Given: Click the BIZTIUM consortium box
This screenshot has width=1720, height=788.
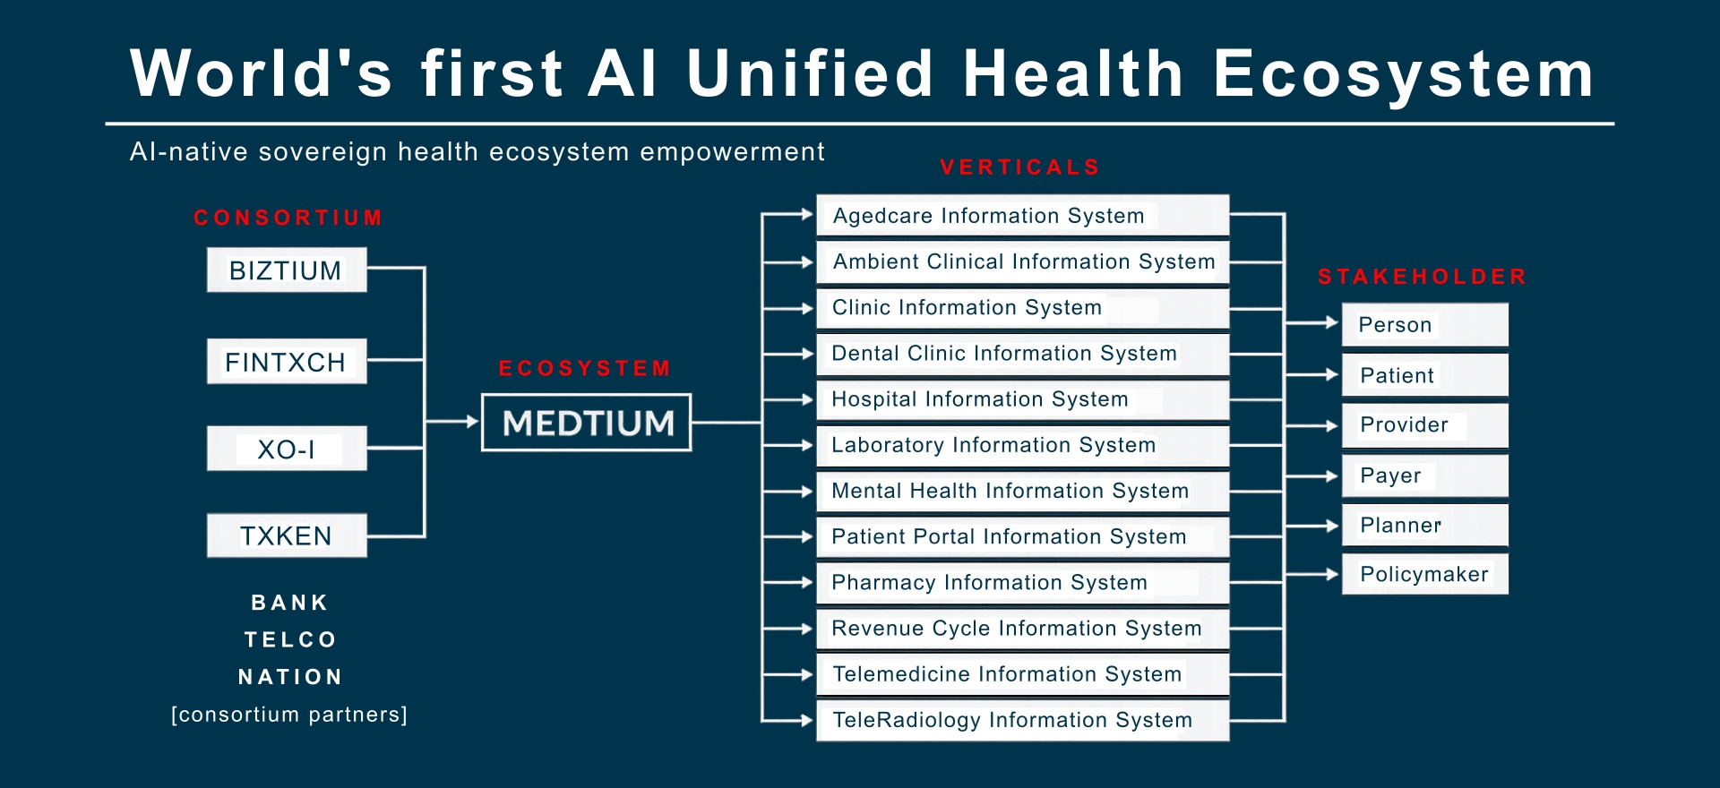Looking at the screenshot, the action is (287, 270).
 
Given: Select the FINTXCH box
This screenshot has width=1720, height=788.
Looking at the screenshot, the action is (287, 361).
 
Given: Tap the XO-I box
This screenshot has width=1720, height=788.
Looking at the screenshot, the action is (287, 448).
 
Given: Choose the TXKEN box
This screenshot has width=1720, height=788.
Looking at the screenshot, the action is (287, 535).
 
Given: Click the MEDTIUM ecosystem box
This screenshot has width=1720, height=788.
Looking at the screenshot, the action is (587, 423).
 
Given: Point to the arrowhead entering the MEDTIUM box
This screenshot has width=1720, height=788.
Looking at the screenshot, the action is (472, 421).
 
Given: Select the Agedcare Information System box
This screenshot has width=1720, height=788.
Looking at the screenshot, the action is (1023, 216).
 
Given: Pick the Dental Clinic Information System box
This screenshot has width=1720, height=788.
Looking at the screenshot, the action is (1023, 354).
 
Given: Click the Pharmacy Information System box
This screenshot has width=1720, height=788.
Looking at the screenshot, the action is (1023, 583).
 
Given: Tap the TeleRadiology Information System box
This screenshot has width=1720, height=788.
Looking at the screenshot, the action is (1023, 720).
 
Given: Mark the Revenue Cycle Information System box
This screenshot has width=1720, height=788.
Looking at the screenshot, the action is (1023, 629).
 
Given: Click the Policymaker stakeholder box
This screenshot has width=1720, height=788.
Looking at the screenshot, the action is (1425, 574).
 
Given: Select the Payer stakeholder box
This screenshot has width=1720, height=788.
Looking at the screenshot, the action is (1425, 475).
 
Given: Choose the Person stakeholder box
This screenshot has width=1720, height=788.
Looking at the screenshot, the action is (1425, 325).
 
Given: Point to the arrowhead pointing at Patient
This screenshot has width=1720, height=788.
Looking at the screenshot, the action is (1332, 374).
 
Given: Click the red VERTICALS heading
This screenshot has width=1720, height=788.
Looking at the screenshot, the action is (1020, 167).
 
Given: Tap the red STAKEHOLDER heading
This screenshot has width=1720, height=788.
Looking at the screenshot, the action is (1422, 277).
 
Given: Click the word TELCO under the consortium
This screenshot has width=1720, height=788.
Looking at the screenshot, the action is (290, 639).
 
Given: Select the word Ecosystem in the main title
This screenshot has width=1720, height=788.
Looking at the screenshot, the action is (1404, 73).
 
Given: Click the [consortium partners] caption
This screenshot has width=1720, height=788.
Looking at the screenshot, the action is (289, 715).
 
